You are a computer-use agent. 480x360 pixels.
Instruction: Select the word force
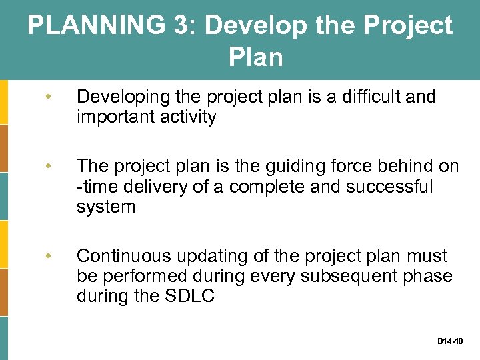(x=340, y=167)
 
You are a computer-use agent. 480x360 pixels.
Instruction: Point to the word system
(x=106, y=207)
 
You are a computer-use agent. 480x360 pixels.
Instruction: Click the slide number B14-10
(x=450, y=341)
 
